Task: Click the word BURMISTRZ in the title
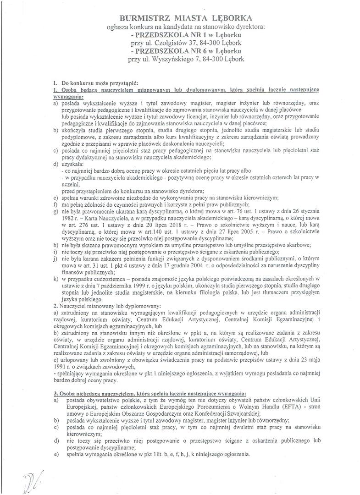point(144,18)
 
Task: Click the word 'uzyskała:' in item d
point(72,164)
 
